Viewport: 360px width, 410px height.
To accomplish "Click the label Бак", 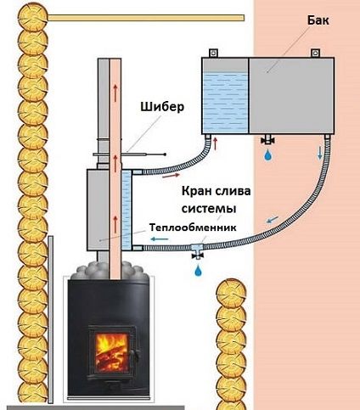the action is click(x=318, y=20).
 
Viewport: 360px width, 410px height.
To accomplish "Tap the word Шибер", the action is click(x=162, y=107).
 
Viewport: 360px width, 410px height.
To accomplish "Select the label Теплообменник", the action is click(x=193, y=227).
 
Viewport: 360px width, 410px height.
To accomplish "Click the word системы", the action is click(x=209, y=209).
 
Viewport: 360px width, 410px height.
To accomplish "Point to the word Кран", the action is click(x=196, y=191).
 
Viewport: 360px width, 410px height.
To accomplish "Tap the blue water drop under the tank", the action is click(x=267, y=155).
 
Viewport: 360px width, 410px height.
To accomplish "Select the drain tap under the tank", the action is click(x=267, y=140).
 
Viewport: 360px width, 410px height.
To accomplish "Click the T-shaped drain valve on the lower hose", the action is click(x=197, y=250).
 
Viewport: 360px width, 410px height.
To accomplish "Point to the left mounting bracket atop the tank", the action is click(x=212, y=53).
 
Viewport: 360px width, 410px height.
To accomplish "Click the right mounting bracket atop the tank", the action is click(x=315, y=53).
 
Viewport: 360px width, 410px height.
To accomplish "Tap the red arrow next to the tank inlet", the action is click(x=216, y=143).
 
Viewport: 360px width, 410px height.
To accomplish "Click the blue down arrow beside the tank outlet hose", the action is click(x=320, y=153).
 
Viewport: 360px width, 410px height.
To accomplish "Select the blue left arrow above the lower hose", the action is click(x=160, y=239).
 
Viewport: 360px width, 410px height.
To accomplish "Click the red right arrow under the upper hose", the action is click(x=171, y=176).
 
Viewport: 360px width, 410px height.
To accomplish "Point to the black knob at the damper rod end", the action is click(x=165, y=154).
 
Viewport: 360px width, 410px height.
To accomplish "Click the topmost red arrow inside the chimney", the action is click(x=115, y=93).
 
